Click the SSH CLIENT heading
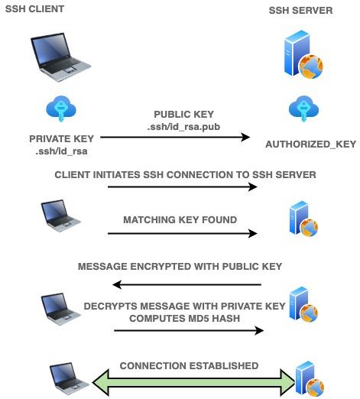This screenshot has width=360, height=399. (x=34, y=8)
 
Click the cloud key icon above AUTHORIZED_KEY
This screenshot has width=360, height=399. (x=300, y=109)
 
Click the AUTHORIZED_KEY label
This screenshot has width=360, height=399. (x=300, y=144)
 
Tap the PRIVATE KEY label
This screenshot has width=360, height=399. (x=61, y=138)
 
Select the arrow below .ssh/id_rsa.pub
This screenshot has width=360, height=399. (x=176, y=138)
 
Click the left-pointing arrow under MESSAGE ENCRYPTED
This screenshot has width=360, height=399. (x=186, y=284)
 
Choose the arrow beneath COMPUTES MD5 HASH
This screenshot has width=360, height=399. (x=189, y=330)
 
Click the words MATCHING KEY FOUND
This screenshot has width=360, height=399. (x=180, y=220)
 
